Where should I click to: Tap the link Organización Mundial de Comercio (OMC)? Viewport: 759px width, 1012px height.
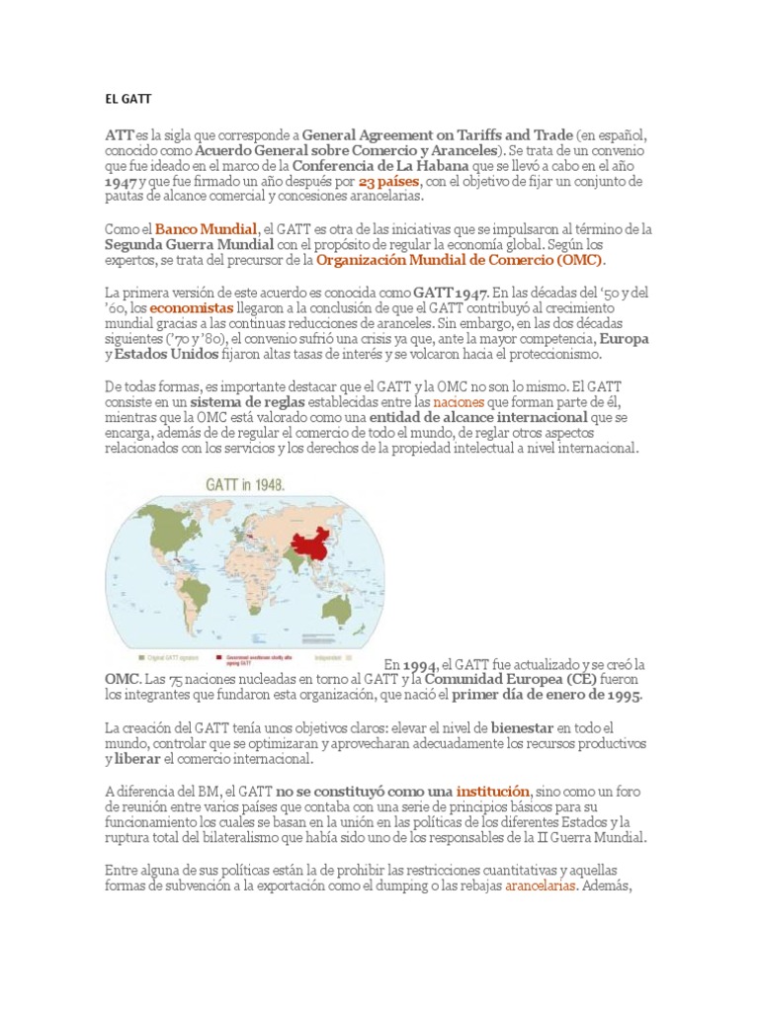pos(461,260)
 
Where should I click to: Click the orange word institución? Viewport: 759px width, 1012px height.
pos(492,792)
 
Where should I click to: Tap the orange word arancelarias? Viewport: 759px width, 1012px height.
pos(541,885)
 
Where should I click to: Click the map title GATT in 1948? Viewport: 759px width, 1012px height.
pos(244,485)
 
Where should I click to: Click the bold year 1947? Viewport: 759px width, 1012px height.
pos(124,182)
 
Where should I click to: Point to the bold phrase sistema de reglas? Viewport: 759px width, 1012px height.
pos(250,402)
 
